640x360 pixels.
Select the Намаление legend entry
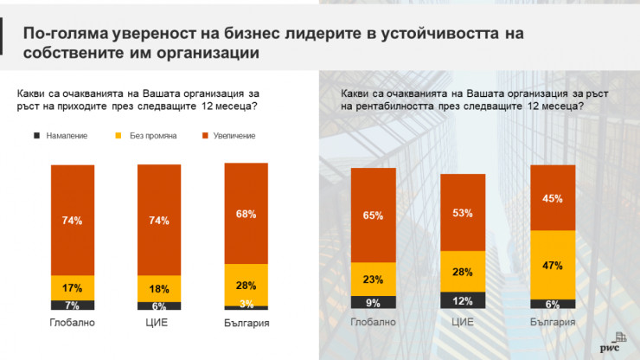tap(56, 136)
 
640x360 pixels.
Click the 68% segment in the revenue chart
tap(246, 214)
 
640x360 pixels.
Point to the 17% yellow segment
tap(73, 288)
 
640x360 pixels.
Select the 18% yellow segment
tap(159, 289)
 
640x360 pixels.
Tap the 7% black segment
tap(73, 305)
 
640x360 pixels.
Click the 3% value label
tap(246, 303)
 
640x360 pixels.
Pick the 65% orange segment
tap(373, 216)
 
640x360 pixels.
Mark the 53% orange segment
tap(463, 213)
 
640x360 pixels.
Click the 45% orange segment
tap(552, 198)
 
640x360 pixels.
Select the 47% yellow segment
tap(552, 265)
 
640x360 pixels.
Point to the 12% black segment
tap(463, 299)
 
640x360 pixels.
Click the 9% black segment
tap(373, 303)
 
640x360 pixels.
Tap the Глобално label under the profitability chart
tap(373, 323)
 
